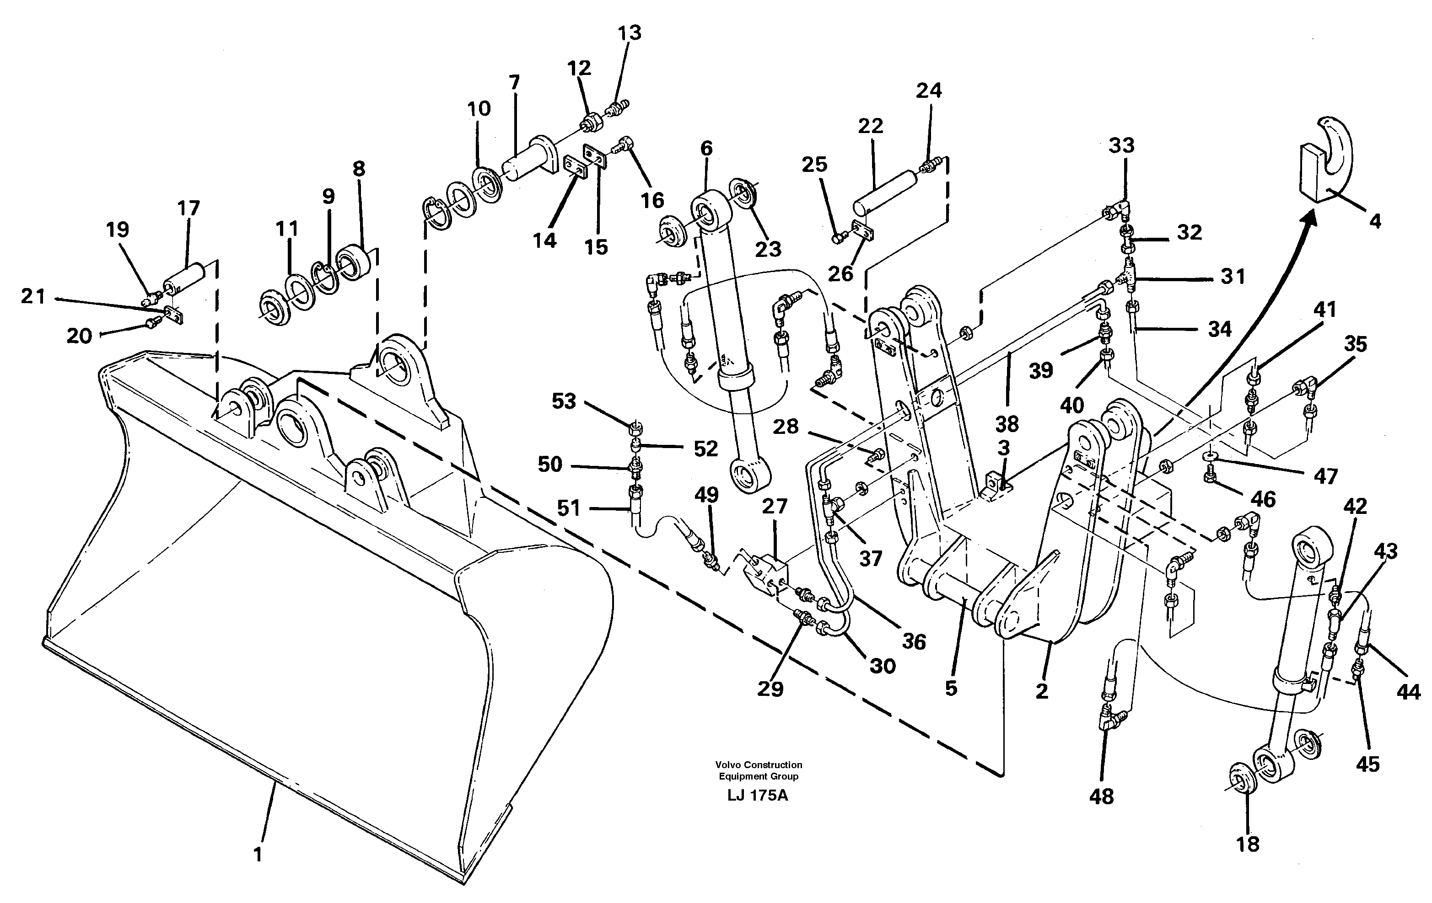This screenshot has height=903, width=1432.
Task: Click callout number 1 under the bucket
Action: [x=258, y=855]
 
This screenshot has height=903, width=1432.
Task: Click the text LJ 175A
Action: [x=757, y=796]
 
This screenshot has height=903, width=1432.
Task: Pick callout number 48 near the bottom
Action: [x=1101, y=796]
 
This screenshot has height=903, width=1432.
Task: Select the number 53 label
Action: [x=563, y=401]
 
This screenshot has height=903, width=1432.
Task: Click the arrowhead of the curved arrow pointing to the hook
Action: [x=1308, y=221]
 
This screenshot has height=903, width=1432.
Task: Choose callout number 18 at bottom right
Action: [x=1247, y=844]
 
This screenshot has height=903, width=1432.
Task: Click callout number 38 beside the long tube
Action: [x=1007, y=424]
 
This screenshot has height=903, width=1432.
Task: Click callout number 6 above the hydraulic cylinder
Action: [x=706, y=148]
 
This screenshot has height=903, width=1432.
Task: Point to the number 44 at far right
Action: [x=1408, y=691]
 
